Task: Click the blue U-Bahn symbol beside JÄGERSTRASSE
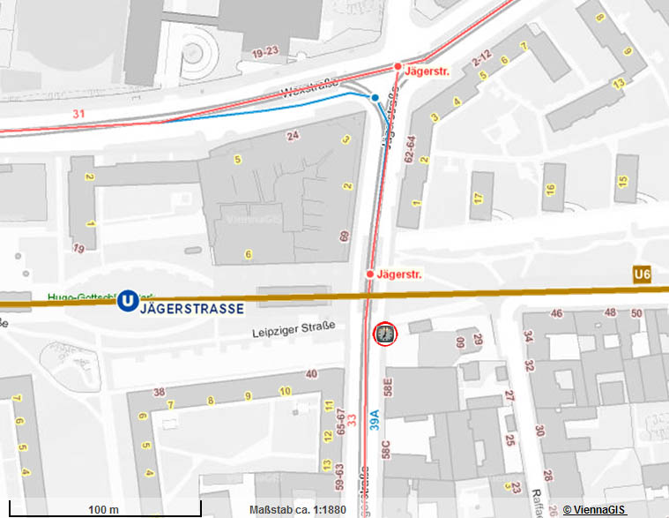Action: (129, 302)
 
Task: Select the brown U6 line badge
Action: (642, 276)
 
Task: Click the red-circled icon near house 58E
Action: (386, 334)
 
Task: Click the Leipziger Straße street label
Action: (293, 330)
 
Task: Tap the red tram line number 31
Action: (78, 114)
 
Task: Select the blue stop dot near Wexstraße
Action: (375, 97)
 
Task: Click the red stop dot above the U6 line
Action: (370, 274)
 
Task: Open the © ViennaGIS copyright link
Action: (594, 510)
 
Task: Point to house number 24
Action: (293, 135)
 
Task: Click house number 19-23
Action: (265, 54)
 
